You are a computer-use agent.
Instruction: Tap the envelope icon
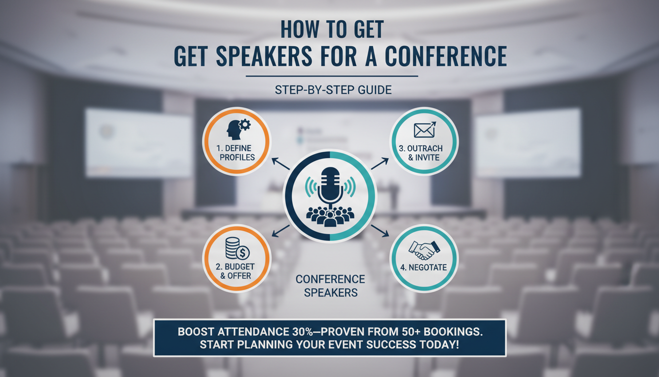pyautogui.click(x=424, y=130)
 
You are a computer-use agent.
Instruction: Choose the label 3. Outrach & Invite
pyautogui.click(x=425, y=153)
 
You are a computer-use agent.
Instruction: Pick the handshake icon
pyautogui.click(x=424, y=249)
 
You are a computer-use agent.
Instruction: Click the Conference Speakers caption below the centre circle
pyautogui.click(x=330, y=286)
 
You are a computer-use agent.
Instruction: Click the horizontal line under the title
pyautogui.click(x=331, y=76)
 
